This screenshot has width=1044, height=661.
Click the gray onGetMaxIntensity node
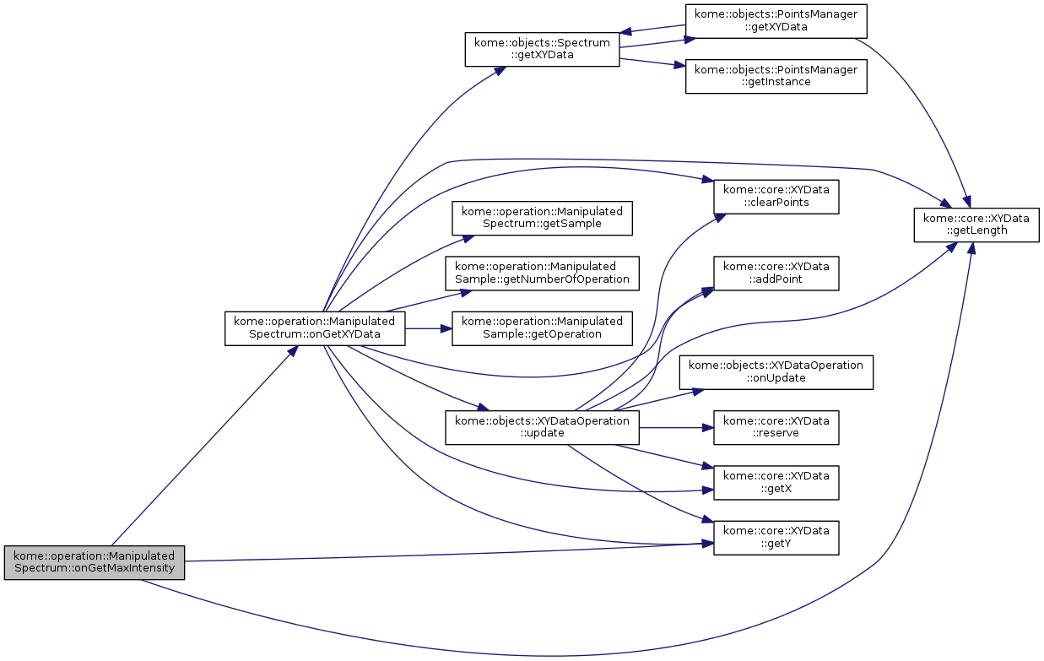94,561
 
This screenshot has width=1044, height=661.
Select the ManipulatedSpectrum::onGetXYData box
315,328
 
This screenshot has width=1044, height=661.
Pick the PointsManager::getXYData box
776,20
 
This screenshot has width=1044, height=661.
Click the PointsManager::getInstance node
776,76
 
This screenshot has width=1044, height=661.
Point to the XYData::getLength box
976,225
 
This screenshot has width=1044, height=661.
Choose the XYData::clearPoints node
776,197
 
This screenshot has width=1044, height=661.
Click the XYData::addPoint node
776,273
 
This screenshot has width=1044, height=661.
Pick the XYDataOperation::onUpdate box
776,371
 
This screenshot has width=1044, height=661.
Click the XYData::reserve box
776,426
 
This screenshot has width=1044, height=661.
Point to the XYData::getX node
776,482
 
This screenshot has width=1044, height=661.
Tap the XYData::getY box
776,537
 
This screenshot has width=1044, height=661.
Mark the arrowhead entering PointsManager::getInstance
679,67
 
